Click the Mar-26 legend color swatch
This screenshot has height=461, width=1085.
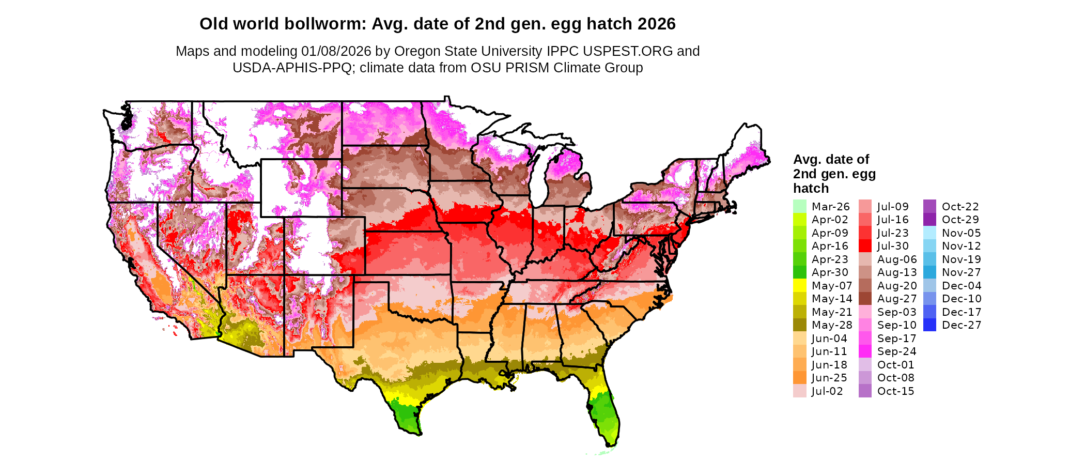799,206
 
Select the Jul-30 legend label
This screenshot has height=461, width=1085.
892,246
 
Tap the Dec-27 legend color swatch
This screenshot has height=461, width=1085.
929,325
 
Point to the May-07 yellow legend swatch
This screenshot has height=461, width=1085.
799,285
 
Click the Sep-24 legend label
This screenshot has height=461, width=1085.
896,351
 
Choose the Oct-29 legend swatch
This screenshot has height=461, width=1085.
929,220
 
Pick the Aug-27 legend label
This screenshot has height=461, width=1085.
896,299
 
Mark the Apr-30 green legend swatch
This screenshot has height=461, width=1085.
799,272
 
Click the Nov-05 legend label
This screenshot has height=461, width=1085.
961,233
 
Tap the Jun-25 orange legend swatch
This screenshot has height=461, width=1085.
799,378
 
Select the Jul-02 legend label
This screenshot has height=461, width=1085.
827,391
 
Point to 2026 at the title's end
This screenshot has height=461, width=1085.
656,24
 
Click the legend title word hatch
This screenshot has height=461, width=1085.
811,188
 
